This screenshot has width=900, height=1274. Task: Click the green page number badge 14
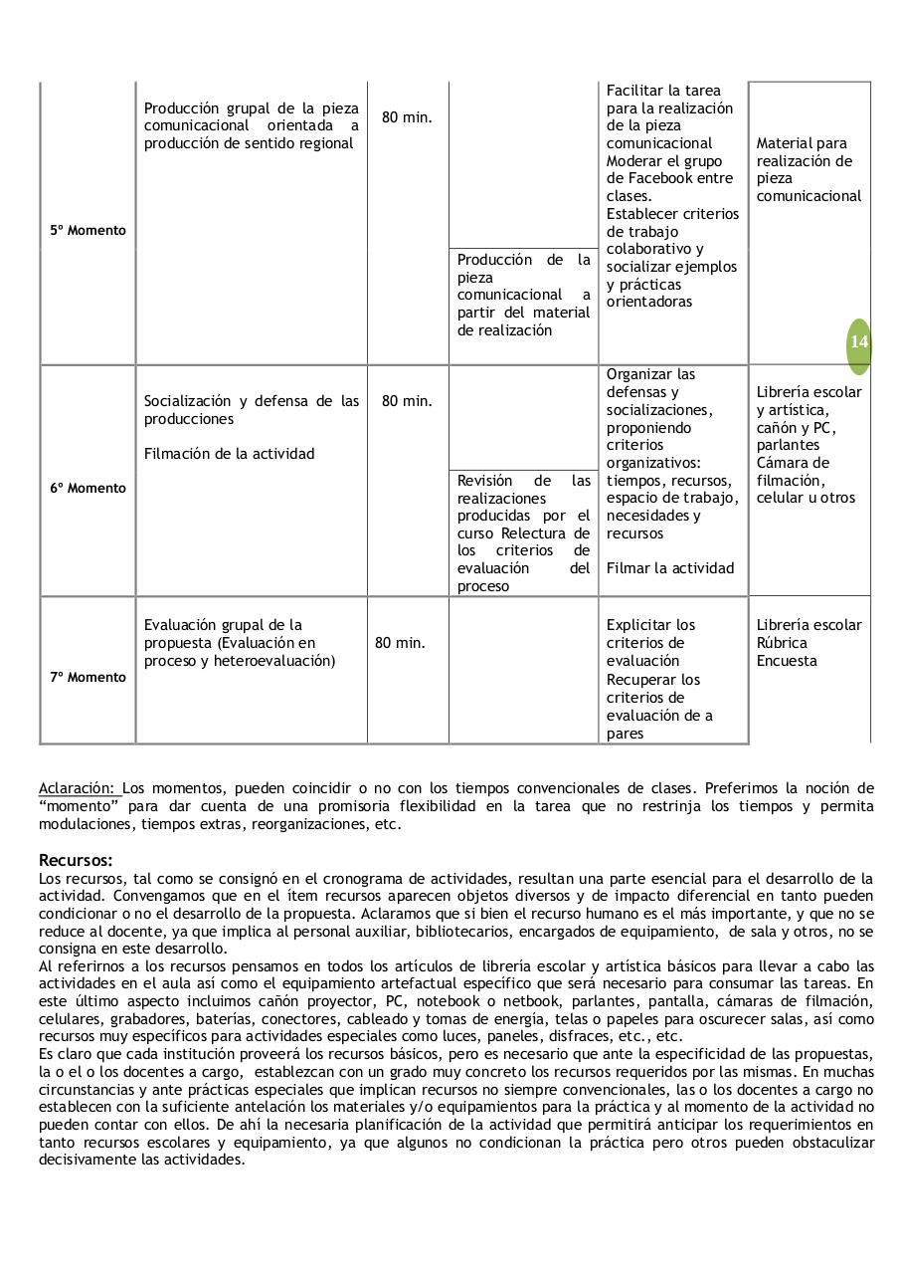(x=858, y=342)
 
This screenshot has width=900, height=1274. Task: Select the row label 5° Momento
(x=89, y=230)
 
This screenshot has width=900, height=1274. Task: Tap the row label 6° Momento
(x=89, y=488)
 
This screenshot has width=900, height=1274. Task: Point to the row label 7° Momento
(x=89, y=677)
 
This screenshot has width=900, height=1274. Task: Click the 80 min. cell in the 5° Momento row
(x=407, y=117)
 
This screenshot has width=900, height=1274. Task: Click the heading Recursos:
(x=76, y=860)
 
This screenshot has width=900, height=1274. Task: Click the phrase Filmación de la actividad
(x=229, y=454)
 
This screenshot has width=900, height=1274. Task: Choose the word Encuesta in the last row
(x=787, y=661)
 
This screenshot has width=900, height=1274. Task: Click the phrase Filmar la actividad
(x=670, y=568)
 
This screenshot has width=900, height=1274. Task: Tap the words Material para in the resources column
(x=802, y=143)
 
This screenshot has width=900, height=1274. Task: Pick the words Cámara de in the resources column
(x=792, y=463)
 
